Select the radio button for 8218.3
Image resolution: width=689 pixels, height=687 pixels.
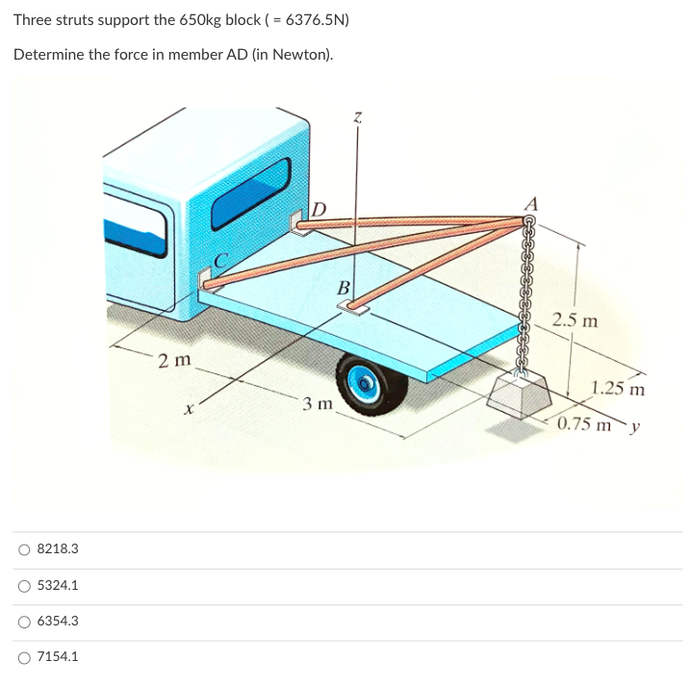pyautogui.click(x=23, y=549)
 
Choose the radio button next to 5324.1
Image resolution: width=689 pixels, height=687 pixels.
pyautogui.click(x=23, y=585)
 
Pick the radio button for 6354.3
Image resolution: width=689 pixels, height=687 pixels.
pyautogui.click(x=23, y=622)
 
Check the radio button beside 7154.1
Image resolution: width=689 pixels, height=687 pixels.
pyautogui.click(x=23, y=657)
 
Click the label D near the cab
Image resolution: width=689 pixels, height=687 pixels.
pyautogui.click(x=320, y=208)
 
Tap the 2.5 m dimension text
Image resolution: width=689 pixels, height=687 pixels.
pyautogui.click(x=574, y=320)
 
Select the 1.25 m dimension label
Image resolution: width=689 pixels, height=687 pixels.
pyautogui.click(x=618, y=390)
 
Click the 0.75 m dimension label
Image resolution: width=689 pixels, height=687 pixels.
pyautogui.click(x=588, y=423)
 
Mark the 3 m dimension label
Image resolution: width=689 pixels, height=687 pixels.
pyautogui.click(x=317, y=404)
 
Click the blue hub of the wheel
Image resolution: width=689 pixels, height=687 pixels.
pyautogui.click(x=367, y=383)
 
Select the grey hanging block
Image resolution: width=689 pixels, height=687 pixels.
pyautogui.click(x=521, y=394)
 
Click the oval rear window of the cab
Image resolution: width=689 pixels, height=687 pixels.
pyautogui.click(x=251, y=193)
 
